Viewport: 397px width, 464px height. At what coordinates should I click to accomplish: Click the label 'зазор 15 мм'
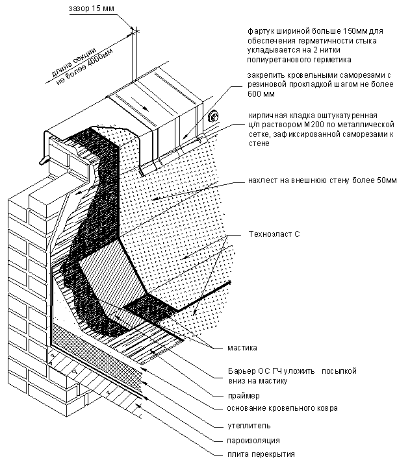(x=91, y=8)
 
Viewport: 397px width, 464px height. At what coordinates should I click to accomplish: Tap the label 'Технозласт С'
(x=274, y=234)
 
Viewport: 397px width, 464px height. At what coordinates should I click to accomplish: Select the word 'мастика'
(x=242, y=348)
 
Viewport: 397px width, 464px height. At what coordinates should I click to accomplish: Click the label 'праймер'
(x=244, y=396)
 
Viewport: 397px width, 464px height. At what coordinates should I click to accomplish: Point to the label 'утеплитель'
(x=249, y=426)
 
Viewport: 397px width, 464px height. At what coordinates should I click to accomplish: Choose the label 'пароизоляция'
(x=253, y=441)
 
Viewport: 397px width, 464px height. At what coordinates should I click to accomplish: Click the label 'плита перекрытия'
(x=261, y=454)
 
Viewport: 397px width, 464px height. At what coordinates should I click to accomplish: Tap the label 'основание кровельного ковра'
(x=283, y=408)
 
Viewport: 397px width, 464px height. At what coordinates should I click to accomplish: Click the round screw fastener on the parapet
(x=212, y=116)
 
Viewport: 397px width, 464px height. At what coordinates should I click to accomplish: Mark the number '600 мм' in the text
(x=261, y=94)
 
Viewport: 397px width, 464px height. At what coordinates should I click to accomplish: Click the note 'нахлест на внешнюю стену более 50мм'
(x=322, y=180)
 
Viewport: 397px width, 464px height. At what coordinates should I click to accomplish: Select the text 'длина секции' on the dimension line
(x=74, y=63)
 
